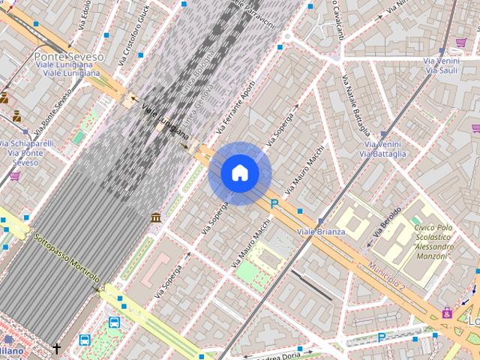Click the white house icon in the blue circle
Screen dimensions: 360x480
[239, 173]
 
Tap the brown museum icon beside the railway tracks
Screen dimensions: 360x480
[155, 217]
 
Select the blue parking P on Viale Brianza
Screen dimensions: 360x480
[275, 203]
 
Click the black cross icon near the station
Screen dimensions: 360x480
[57, 348]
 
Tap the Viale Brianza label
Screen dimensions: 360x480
[321, 232]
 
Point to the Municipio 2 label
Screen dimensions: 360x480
[386, 276]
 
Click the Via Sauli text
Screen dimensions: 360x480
[442, 70]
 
